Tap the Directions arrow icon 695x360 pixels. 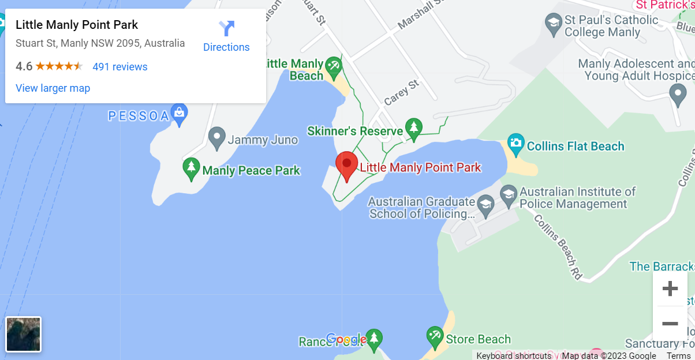[x=227, y=28]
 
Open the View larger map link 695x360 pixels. [x=53, y=88]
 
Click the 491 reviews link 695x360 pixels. [x=120, y=67]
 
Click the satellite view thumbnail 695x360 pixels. [x=24, y=335]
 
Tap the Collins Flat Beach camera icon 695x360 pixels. [x=515, y=142]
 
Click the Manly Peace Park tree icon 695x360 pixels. [x=191, y=167]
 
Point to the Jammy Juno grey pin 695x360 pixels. [x=216, y=137]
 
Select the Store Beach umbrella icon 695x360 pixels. [x=434, y=335]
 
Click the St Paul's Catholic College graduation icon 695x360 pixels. [x=553, y=24]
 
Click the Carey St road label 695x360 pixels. [x=401, y=93]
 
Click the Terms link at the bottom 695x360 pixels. [x=678, y=355]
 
